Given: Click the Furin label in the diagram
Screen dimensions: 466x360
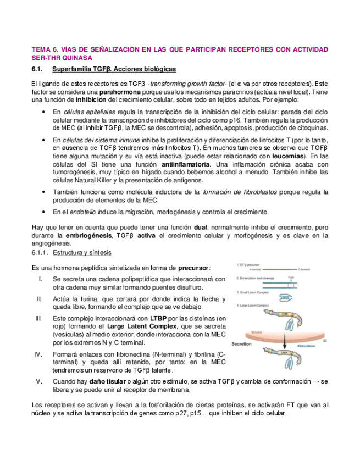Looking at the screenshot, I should coord(292,279).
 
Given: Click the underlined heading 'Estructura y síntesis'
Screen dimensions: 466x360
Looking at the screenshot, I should coord(82,253).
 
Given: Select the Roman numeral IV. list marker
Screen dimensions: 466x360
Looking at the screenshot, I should coord(39,354).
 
